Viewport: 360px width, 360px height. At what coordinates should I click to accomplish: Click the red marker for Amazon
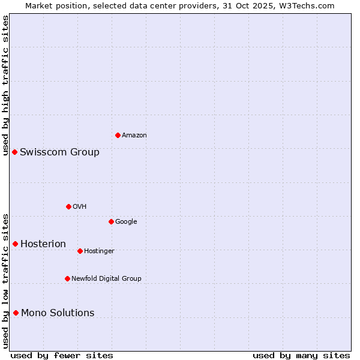(x=118, y=135)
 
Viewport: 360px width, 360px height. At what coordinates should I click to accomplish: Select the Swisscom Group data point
(x=14, y=152)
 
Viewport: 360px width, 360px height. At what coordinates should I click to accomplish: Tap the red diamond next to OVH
(x=68, y=206)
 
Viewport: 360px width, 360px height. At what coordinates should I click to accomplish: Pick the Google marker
(x=111, y=221)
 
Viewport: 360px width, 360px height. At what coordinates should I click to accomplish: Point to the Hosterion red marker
(x=15, y=244)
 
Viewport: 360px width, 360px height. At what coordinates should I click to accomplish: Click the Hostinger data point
(x=80, y=251)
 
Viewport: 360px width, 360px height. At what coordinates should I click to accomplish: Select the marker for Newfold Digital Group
(x=67, y=278)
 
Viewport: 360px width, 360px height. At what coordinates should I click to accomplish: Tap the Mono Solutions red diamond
(x=16, y=313)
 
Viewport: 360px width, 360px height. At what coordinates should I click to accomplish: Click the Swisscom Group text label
(x=59, y=152)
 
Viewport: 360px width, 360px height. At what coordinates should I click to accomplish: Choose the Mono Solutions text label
(x=58, y=313)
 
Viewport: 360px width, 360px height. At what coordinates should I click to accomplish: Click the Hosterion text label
(x=43, y=244)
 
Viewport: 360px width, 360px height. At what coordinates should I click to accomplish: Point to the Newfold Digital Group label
(x=106, y=278)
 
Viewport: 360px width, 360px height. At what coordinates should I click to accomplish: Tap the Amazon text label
(x=134, y=135)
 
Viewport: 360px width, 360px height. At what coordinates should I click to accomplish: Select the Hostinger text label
(x=99, y=251)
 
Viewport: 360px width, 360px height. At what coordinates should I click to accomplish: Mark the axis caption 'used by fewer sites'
(x=62, y=355)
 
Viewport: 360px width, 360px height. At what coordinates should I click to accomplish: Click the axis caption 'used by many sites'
(x=301, y=355)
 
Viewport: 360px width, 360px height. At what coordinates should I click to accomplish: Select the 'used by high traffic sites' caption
(x=5, y=85)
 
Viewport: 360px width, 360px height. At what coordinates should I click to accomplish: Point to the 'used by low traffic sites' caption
(x=5, y=281)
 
